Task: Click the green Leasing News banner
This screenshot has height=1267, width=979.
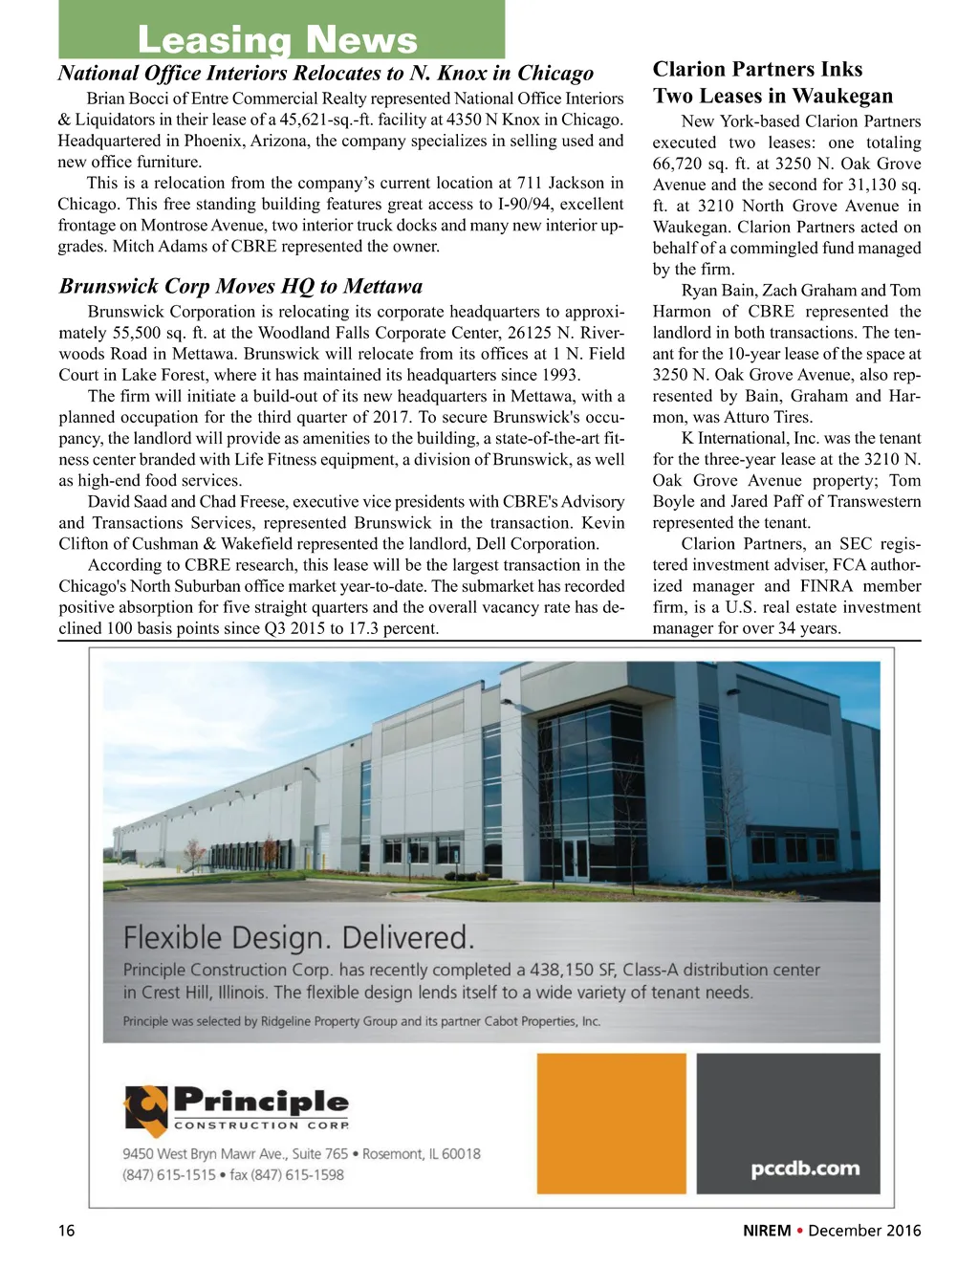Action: [281, 31]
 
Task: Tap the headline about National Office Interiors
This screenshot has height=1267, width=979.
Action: [325, 74]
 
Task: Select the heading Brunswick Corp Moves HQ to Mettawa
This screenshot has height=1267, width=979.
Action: [241, 286]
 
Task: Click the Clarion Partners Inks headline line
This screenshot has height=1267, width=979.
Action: [757, 69]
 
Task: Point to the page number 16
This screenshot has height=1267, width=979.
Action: [66, 1231]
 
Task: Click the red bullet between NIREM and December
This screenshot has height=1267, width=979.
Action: [799, 1231]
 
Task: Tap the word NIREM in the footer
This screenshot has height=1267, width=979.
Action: [767, 1231]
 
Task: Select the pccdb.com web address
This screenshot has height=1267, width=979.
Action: [805, 1169]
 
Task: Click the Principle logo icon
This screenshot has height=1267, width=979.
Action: [145, 1109]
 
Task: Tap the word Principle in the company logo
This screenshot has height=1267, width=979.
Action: [261, 1102]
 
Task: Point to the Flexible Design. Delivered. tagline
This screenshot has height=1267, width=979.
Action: [298, 936]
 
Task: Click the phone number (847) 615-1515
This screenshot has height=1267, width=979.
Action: [169, 1175]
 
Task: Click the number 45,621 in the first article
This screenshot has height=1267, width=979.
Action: [312, 120]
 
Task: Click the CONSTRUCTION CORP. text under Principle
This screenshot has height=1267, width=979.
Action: [261, 1125]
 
